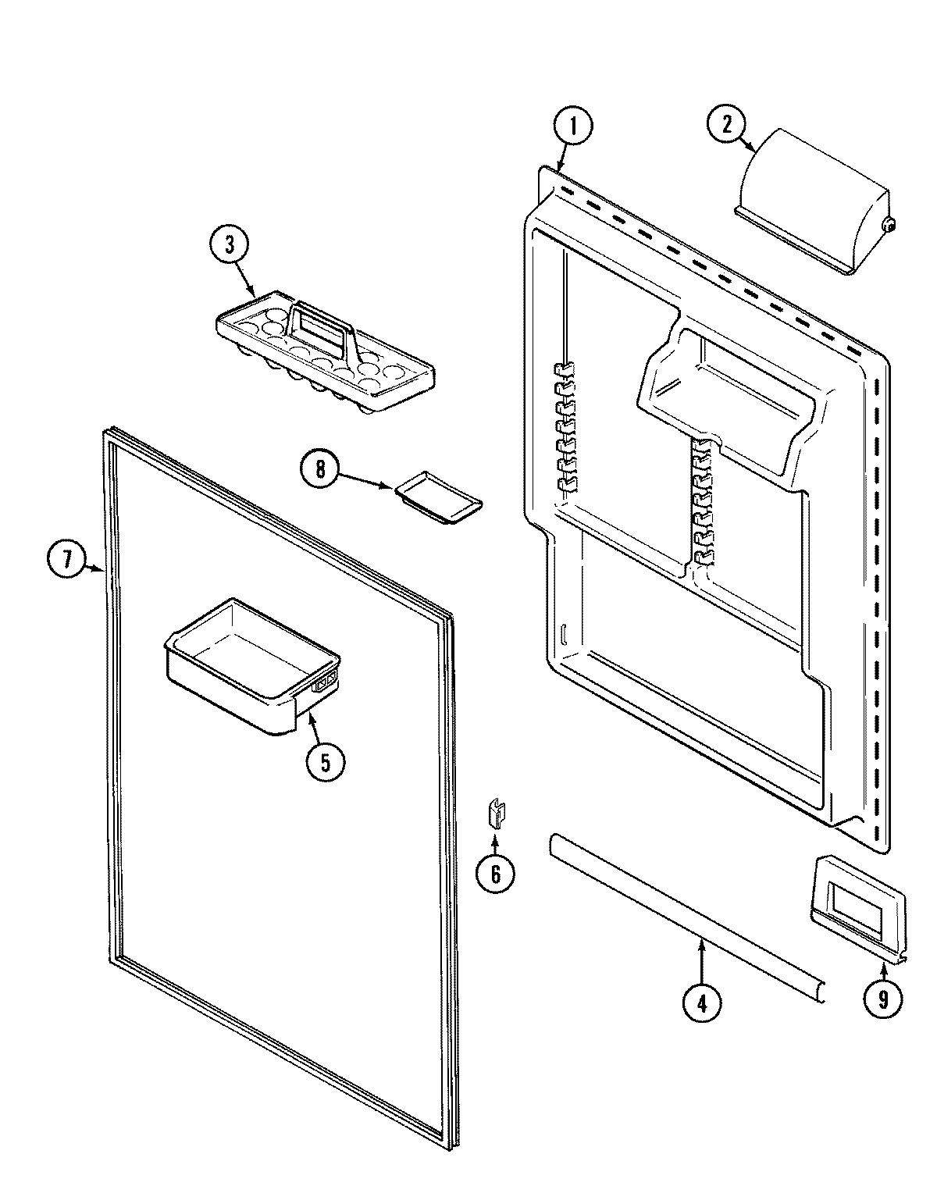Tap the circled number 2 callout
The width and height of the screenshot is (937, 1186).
tap(726, 125)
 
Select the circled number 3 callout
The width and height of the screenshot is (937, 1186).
tap(230, 244)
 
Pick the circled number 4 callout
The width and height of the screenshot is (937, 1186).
tap(701, 1002)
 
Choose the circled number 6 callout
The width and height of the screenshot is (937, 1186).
tap(495, 874)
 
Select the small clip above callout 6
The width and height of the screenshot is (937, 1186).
tap(495, 814)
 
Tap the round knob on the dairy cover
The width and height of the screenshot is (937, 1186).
tap(889, 225)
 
